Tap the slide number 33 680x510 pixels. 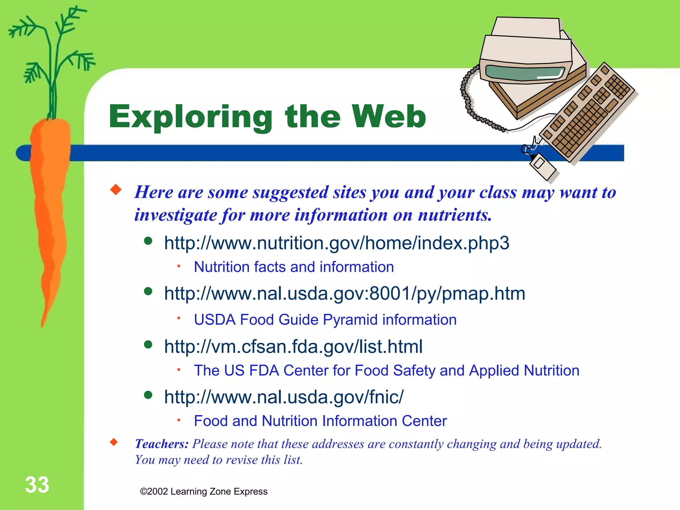pos(37,485)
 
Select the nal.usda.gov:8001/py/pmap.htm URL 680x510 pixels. pos(345,294)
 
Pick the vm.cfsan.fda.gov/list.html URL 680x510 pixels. pos(293,346)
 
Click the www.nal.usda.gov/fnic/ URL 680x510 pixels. pos(284,397)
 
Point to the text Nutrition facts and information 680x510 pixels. pos(294,267)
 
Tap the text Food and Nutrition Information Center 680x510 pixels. pos(320,421)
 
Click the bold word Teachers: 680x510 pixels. pos(162,444)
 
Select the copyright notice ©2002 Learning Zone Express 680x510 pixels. pos(204,491)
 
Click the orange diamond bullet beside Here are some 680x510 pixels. pos(116,190)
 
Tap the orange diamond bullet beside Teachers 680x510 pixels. pos(114,442)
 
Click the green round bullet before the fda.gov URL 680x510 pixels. pos(148,345)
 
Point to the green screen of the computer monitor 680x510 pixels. pos(525,72)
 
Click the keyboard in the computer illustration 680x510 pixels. pos(588,113)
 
